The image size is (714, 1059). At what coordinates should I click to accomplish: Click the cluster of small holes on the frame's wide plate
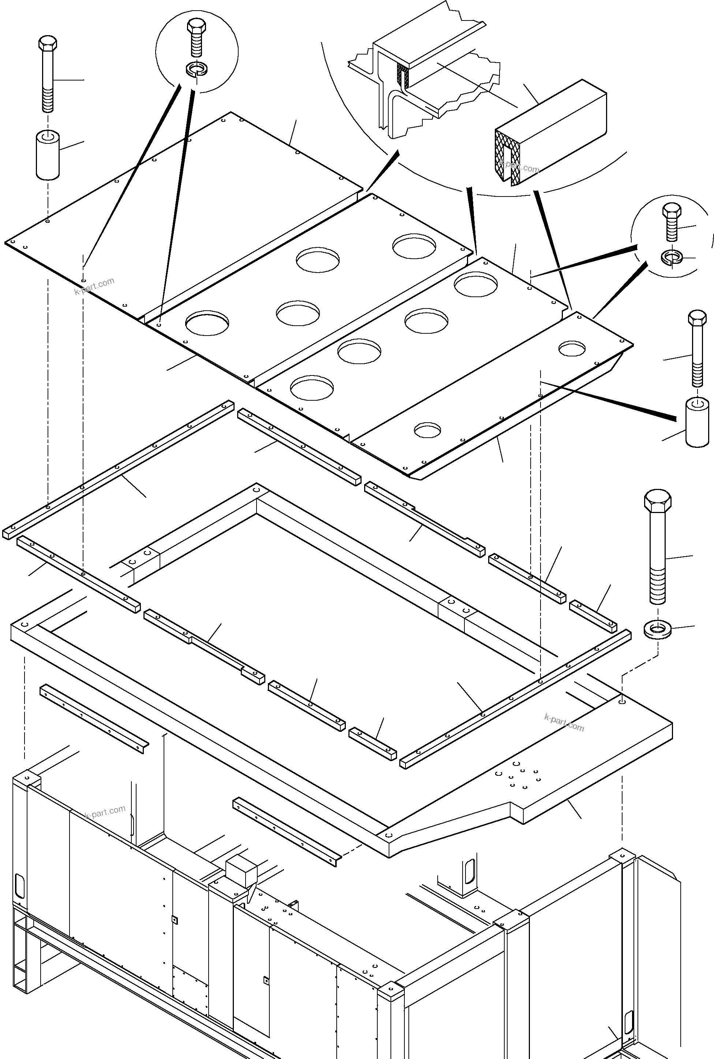tap(519, 775)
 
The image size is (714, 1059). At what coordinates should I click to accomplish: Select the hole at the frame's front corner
tap(388, 836)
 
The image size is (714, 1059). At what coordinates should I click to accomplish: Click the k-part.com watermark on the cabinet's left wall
tap(105, 812)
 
